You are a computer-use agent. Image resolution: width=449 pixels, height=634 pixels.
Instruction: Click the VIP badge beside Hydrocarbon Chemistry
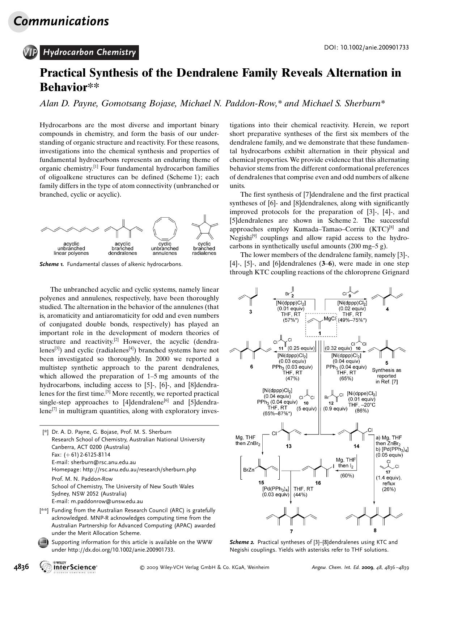pos(30,52)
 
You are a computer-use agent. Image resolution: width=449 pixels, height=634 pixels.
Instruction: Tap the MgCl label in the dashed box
pos(330,318)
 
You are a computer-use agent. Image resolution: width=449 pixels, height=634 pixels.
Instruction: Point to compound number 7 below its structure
pos(291,531)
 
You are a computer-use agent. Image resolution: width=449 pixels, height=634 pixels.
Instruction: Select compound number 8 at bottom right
pos(375,530)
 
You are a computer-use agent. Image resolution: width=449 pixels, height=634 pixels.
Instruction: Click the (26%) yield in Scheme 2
pos(389,489)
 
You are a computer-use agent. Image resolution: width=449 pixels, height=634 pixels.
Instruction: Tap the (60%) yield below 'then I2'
pos(347,476)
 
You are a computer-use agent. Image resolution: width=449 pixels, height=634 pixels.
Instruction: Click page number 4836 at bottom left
pos(21,567)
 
